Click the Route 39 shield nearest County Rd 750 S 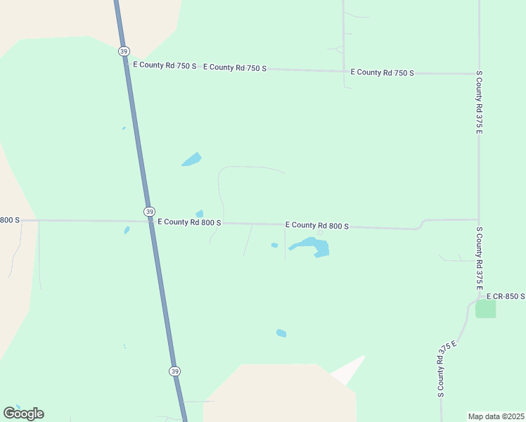coord(123,51)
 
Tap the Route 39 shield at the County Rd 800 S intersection coord(149,212)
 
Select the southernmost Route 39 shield coord(174,371)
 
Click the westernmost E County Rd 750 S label coord(165,65)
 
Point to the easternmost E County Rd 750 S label coord(383,72)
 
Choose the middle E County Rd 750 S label coord(235,68)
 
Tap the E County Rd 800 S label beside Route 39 coord(189,222)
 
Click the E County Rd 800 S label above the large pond coord(317,226)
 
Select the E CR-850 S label coord(506,297)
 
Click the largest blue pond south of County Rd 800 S coord(312,247)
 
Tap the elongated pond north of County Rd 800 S coord(191,160)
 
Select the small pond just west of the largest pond coord(274,245)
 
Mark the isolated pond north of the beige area coord(281,333)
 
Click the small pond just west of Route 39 coord(127,230)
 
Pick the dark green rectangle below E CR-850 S coord(485,308)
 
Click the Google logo coord(23,414)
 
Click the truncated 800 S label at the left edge coord(10,220)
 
